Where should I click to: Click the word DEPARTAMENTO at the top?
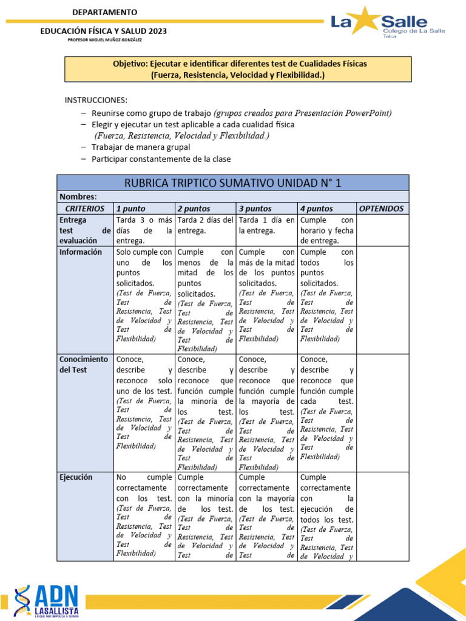(104, 12)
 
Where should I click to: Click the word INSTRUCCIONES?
(96, 100)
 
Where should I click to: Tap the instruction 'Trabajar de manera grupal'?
(140, 147)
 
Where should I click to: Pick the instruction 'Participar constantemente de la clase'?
(161, 159)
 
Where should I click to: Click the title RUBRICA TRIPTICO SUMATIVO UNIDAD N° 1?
(232, 183)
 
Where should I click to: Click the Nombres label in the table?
(77, 196)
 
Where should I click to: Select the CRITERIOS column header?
(85, 208)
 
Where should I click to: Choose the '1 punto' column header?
(131, 208)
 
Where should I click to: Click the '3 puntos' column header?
(255, 208)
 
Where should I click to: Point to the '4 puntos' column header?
(317, 208)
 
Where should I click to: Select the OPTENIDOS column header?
(381, 208)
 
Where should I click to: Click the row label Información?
(81, 252)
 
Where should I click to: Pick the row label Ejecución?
(76, 477)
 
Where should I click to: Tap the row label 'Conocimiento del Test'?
(84, 364)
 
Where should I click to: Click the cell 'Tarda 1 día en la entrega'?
(267, 225)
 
